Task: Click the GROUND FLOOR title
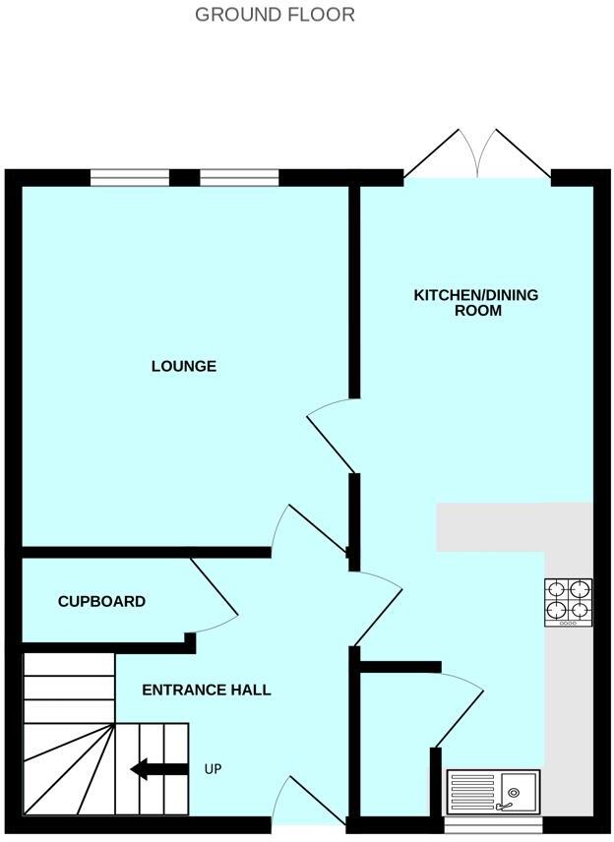[x=275, y=15]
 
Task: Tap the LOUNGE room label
[x=183, y=366]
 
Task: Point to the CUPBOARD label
[x=101, y=601]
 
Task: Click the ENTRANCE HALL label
[x=207, y=690]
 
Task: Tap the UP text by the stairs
[x=213, y=768]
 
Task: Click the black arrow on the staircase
[x=160, y=768]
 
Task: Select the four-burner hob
[x=569, y=602]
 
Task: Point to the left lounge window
[x=128, y=178]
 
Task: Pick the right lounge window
[x=239, y=178]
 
